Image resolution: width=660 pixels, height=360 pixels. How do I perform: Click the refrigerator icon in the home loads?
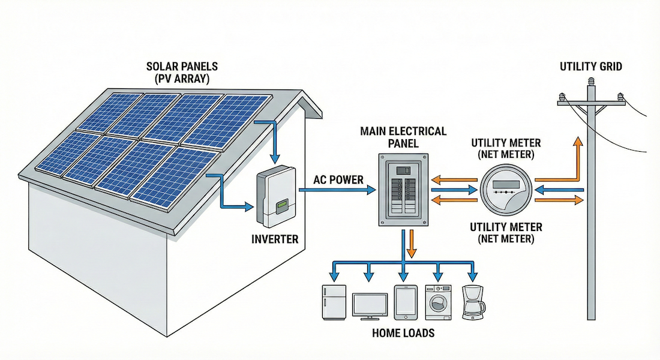pos(334,301)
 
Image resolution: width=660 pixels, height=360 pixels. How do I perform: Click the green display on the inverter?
pos(280,208)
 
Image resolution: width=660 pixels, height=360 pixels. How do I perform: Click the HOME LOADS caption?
pos(403,332)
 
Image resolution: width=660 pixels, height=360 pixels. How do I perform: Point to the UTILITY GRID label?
pos(591,67)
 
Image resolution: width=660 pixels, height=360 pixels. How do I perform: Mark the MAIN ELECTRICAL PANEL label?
pos(403,137)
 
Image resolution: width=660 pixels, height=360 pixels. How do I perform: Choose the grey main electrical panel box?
pos(403,189)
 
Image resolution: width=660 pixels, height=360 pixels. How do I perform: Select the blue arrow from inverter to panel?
pos(336,190)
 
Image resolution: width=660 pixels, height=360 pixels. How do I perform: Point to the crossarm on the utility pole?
pos(592,103)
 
